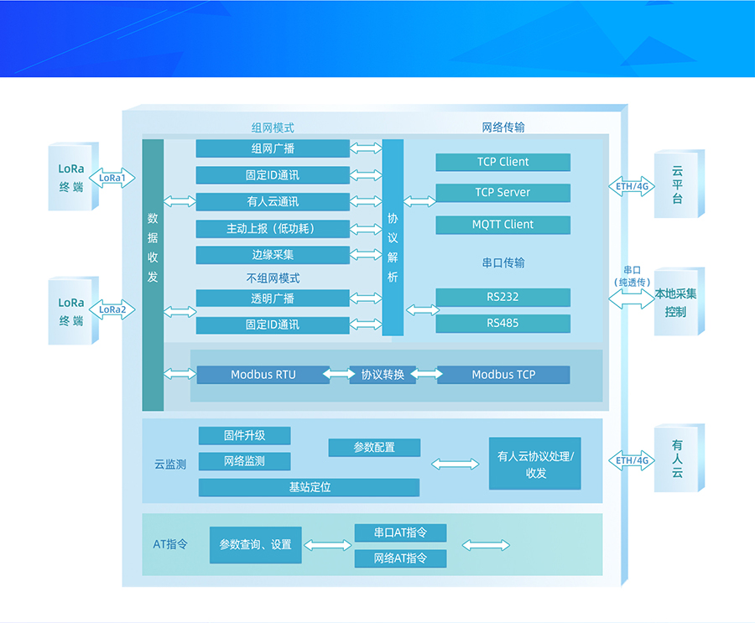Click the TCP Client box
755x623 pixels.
[x=502, y=162]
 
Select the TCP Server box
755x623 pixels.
[x=502, y=193]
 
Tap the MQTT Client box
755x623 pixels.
[x=502, y=225]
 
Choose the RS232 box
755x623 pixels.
[x=502, y=297]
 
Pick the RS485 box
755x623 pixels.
[x=502, y=324]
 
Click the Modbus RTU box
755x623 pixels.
[x=263, y=375]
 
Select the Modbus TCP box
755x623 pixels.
[x=502, y=375]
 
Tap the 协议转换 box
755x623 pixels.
[x=383, y=375]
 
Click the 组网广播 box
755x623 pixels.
[x=273, y=148]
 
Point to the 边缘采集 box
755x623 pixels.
[x=273, y=255]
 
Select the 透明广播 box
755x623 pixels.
[x=273, y=299]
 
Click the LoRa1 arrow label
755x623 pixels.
[x=112, y=178]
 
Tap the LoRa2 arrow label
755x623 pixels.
[x=112, y=309]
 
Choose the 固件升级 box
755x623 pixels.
[x=244, y=436]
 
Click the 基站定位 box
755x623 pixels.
[x=309, y=487]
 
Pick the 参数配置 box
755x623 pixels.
[x=374, y=448]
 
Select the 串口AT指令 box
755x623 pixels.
[x=400, y=533]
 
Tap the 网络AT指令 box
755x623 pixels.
[x=400, y=558]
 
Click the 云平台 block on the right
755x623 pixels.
[x=677, y=184]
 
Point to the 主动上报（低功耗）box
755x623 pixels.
[x=273, y=229]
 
